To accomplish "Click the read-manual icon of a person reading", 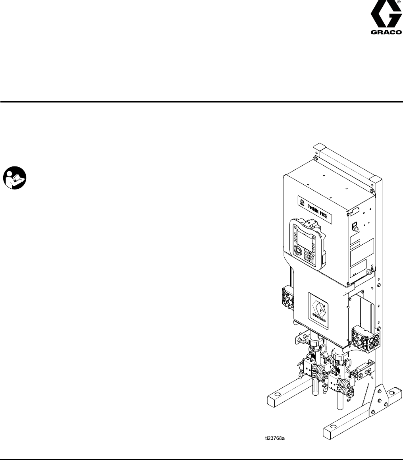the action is (15, 178).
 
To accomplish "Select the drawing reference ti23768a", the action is (276, 439).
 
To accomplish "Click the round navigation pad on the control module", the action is (298, 251).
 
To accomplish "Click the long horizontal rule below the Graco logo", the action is (201, 102).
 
